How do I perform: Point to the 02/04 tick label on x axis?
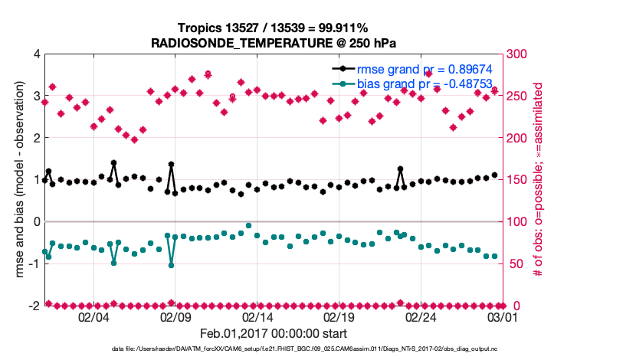pos(93,316)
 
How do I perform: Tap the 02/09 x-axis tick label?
pos(175,316)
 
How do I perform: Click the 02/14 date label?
pos(257,316)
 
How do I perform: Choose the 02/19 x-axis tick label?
pos(339,316)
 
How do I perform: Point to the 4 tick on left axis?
pos(36,54)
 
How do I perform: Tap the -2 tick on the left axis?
pos(33,306)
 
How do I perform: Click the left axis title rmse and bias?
pos(16,180)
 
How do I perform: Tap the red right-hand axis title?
pos(538,180)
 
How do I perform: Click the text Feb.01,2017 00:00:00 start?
pos(273,334)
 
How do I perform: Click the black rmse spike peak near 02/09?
pos(171,165)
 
